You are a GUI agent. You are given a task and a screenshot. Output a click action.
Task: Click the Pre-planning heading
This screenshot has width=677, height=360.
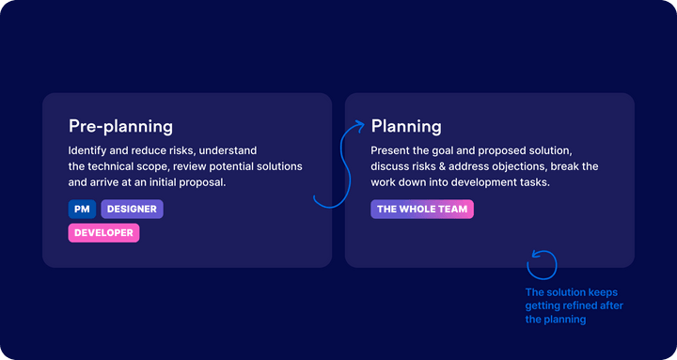[x=120, y=126]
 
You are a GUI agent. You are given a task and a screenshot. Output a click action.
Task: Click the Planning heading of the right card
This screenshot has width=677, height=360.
[x=406, y=126]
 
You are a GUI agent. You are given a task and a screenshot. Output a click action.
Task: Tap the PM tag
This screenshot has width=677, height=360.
[x=82, y=209]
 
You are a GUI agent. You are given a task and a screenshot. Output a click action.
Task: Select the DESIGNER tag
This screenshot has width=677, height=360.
[x=133, y=209]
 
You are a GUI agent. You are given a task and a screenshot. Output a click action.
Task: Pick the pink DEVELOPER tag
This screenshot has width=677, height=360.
[x=103, y=232]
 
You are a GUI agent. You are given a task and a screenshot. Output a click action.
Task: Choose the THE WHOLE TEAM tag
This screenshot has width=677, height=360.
[x=422, y=209]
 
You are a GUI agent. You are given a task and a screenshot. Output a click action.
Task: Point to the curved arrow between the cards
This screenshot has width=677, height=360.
[x=338, y=164]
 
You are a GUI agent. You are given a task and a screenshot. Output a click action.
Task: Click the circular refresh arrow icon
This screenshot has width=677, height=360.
[x=542, y=264]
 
